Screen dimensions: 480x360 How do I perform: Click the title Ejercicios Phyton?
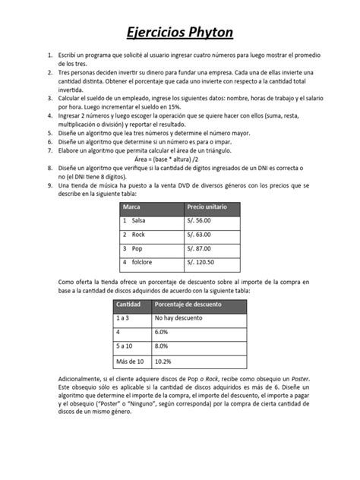(179, 33)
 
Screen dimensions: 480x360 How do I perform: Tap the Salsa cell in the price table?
(137, 220)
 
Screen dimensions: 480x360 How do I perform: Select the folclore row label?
(141, 263)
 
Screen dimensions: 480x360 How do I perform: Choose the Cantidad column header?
(128, 304)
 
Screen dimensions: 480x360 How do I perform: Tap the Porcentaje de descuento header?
(188, 304)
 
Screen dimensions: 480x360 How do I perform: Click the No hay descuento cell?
(180, 318)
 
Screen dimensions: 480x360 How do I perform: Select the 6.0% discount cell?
(161, 332)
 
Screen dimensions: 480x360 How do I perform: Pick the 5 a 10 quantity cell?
(125, 346)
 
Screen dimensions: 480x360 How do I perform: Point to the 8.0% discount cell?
(161, 346)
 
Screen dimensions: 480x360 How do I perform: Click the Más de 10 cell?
(129, 361)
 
